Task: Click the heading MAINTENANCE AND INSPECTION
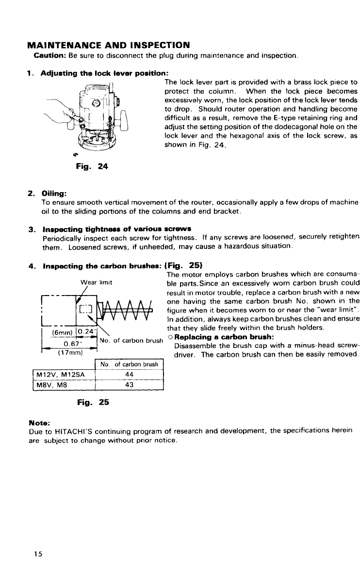107,46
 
